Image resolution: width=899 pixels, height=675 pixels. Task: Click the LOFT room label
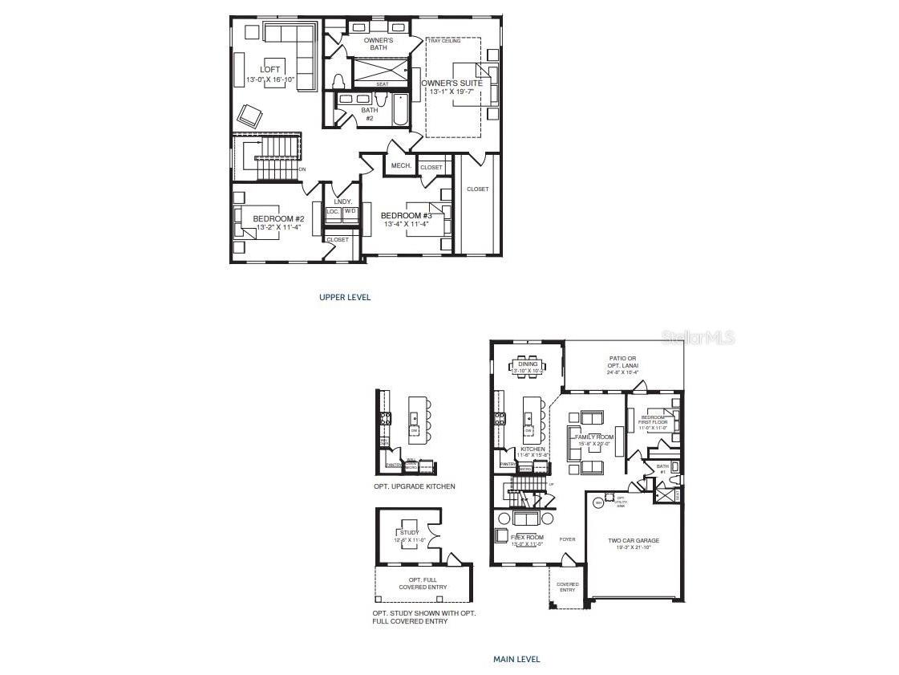[x=270, y=70]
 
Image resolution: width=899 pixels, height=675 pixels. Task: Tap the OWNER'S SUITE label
[x=452, y=83]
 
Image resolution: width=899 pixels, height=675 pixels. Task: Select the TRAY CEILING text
[x=444, y=41]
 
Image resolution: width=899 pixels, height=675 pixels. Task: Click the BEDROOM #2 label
[x=278, y=219]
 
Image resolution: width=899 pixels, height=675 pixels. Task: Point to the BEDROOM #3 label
[x=406, y=216]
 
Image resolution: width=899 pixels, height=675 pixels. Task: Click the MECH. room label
[x=400, y=165]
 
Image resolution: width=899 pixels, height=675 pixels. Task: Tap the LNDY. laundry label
[x=342, y=201]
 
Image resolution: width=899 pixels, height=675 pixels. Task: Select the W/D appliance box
[x=350, y=212]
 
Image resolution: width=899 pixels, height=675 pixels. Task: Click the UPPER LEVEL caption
[x=345, y=297]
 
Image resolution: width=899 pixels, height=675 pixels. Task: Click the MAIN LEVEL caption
[x=516, y=659]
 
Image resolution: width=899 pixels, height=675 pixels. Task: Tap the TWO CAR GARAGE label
[x=633, y=541]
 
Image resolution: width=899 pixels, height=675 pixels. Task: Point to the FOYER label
[x=567, y=539]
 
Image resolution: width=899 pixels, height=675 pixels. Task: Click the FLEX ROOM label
[x=527, y=537]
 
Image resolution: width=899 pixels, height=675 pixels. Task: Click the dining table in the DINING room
[x=527, y=367]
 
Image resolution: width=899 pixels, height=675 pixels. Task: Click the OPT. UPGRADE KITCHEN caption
[x=414, y=486]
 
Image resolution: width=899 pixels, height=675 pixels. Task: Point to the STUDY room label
[x=410, y=532]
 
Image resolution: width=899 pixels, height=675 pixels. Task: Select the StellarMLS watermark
[x=698, y=339]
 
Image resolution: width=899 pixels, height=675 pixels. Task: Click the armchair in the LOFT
[x=249, y=116]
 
